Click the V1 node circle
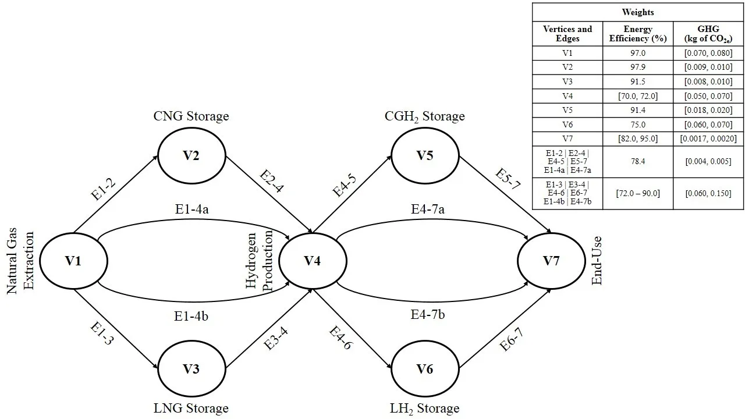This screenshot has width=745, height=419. [x=73, y=261]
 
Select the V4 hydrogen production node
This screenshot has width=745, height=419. [x=313, y=261]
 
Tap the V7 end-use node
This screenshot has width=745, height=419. [x=551, y=261]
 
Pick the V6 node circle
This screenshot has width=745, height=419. [x=425, y=369]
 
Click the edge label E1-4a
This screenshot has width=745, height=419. [x=193, y=208]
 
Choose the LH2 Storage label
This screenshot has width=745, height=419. [x=425, y=408]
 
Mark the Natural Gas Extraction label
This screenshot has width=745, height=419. [x=22, y=263]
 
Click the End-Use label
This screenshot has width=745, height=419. [x=597, y=261]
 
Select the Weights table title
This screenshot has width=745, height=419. [x=638, y=12]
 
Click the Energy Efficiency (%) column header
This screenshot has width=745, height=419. [x=638, y=34]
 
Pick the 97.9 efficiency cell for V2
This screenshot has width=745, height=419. [x=638, y=67]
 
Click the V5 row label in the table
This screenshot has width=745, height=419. [x=567, y=125]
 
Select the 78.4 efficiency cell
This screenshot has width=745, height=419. [x=638, y=162]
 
